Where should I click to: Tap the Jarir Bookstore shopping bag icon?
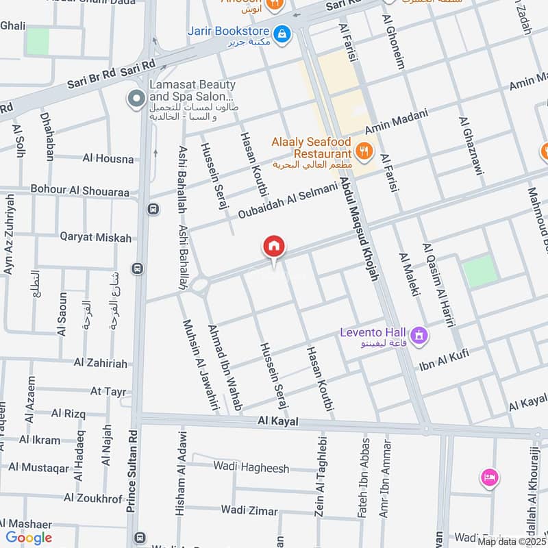(x=281, y=32)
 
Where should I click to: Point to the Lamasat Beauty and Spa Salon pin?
(x=136, y=99)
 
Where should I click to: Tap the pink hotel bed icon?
(x=490, y=477)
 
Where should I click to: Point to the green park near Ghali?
(x=38, y=41)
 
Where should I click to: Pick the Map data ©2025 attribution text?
(x=511, y=541)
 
